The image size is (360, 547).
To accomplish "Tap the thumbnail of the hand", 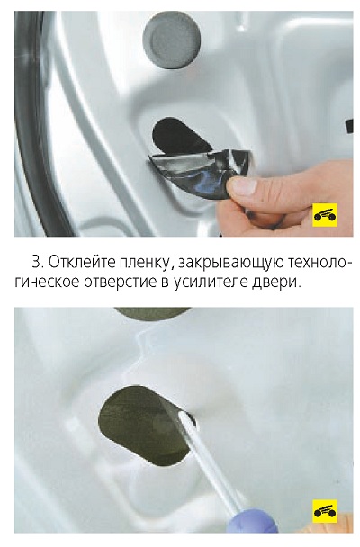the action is (241, 184).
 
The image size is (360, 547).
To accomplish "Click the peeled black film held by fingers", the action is (200, 172).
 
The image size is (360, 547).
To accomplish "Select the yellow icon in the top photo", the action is (325, 214).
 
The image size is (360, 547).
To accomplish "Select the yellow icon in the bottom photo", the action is (325, 511).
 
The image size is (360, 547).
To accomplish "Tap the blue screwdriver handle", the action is (252, 521).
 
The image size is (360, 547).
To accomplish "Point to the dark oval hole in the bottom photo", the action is (147, 426).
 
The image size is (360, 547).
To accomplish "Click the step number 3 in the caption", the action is (36, 262).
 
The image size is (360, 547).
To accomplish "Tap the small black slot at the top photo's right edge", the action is (349, 126).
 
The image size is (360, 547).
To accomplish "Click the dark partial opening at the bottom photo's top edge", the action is (152, 313).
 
